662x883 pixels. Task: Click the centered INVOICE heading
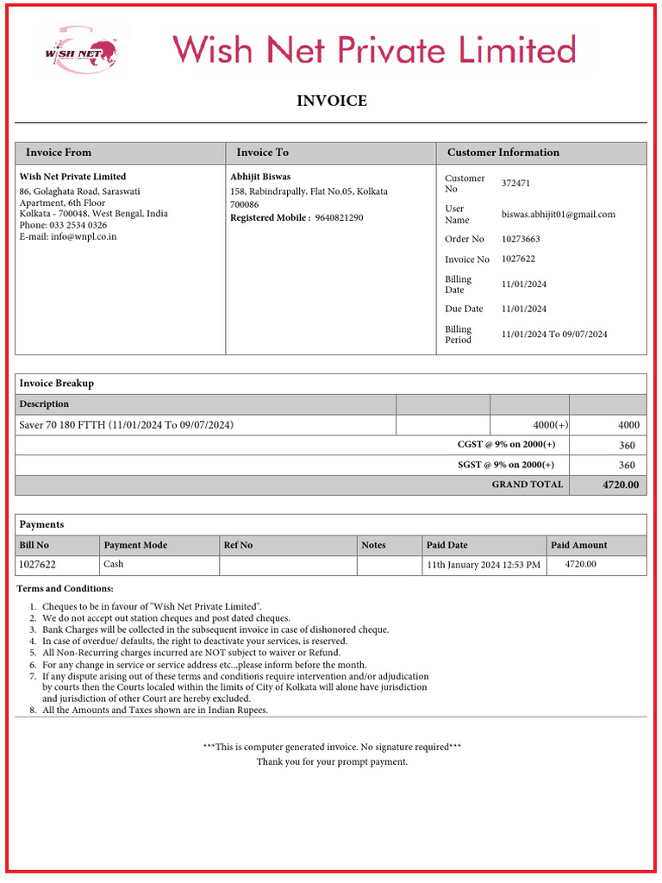331,101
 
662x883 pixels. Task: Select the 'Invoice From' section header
58,153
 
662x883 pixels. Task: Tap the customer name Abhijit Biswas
260,177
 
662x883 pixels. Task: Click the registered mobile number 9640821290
339,218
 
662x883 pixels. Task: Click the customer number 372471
515,184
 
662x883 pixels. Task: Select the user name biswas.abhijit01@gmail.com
558,214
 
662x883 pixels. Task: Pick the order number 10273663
521,239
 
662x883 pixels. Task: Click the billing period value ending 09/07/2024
554,335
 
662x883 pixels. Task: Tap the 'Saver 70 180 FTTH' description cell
126,425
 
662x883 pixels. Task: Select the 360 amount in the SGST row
627,466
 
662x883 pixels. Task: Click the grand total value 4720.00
620,485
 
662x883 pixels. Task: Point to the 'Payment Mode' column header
135,545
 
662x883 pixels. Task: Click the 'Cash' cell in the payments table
114,565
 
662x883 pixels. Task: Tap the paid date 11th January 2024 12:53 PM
484,566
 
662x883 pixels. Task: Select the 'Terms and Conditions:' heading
65,589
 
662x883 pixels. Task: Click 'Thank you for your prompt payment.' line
332,762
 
